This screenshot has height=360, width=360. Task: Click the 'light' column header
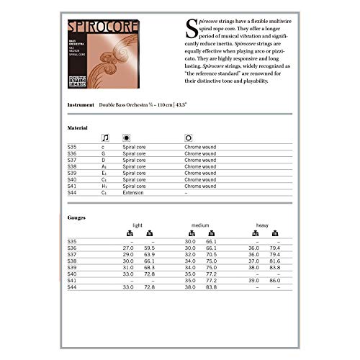click(138, 225)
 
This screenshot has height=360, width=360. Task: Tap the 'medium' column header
click(200, 225)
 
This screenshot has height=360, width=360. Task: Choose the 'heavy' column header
click(262, 225)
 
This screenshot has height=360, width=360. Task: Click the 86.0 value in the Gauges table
click(274, 281)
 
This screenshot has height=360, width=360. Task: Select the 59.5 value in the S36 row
click(150, 248)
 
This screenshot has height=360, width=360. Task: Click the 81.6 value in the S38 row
click(274, 261)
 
